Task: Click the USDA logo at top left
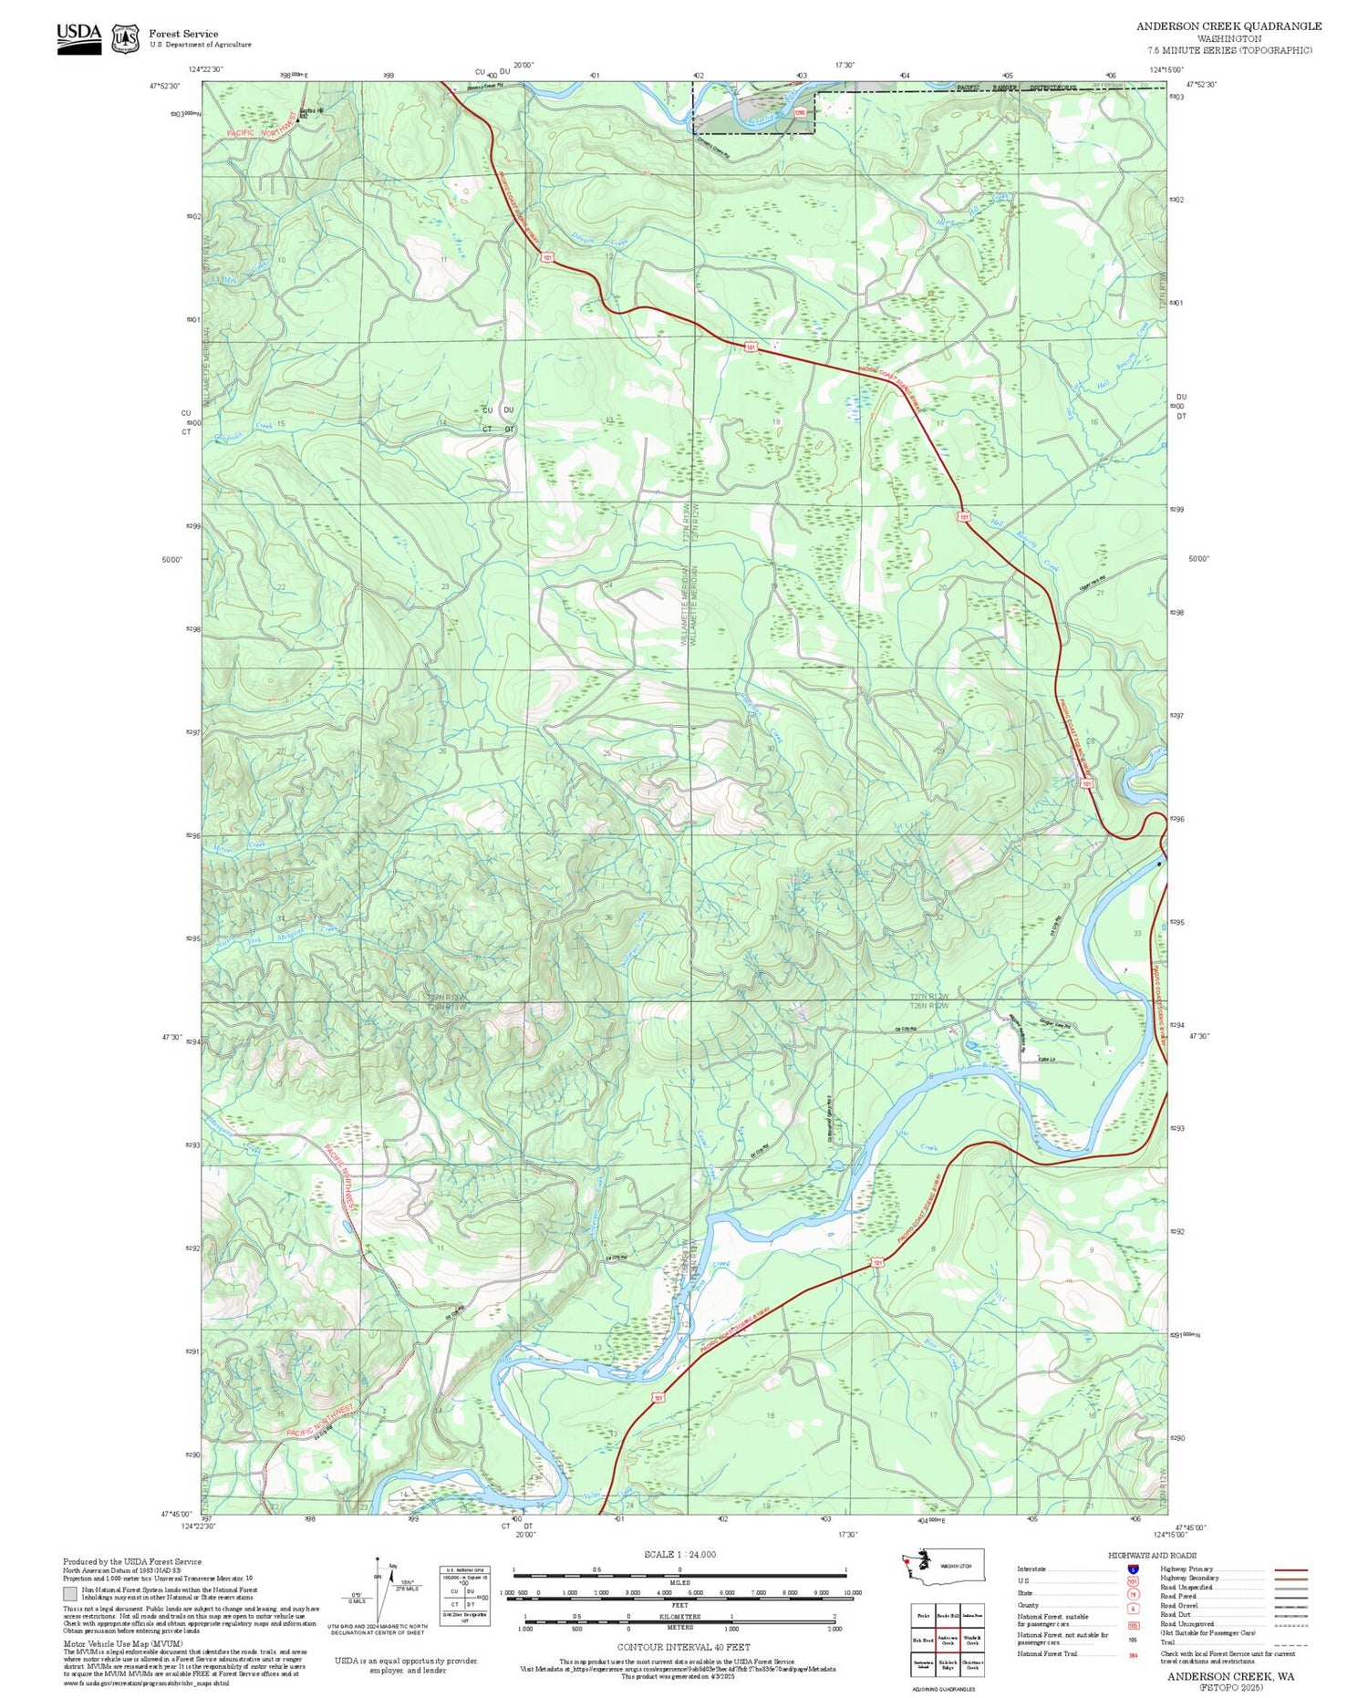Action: [x=78, y=37]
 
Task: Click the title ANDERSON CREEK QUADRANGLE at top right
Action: [x=1228, y=26]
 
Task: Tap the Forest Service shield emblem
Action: [x=125, y=38]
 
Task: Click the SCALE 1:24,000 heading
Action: [x=679, y=1554]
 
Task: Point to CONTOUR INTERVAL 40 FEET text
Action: [x=683, y=1647]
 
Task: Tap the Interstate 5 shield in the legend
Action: [x=1133, y=1569]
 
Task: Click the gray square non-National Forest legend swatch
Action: [x=70, y=1593]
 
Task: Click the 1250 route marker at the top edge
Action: [x=800, y=112]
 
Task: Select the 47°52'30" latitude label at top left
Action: [x=165, y=85]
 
